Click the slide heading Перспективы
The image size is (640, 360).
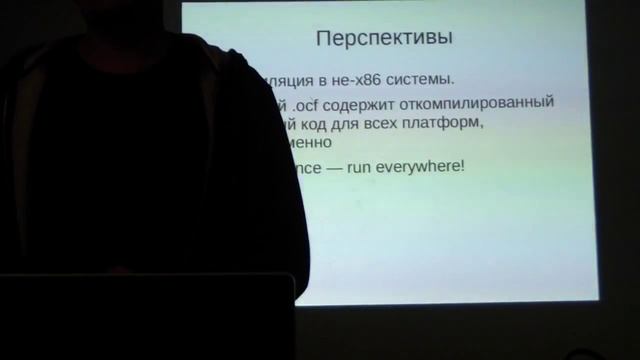click(x=384, y=39)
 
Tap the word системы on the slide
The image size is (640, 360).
click(x=419, y=79)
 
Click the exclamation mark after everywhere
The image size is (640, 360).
click(x=462, y=165)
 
